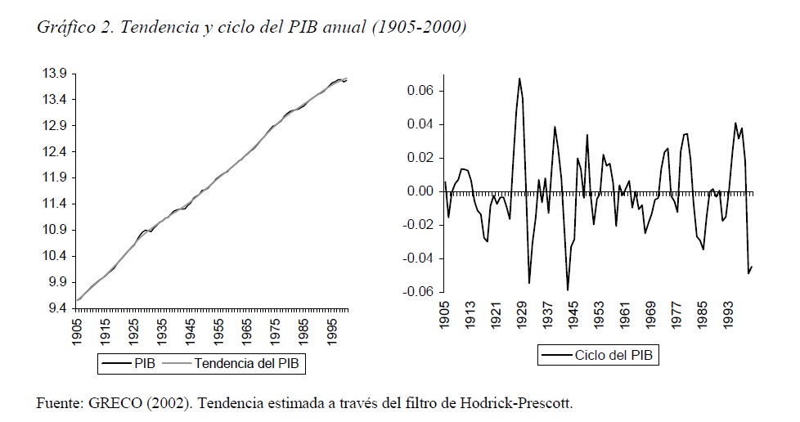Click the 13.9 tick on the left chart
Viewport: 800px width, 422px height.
tap(55, 74)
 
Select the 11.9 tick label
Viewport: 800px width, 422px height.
tap(55, 177)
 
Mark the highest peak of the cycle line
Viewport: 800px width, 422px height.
tap(519, 79)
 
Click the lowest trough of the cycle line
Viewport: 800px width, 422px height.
tap(568, 290)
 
